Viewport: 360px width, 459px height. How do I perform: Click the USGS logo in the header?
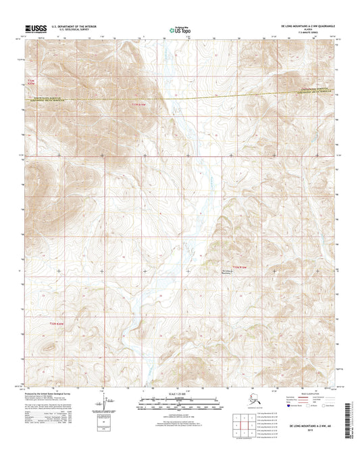point(32,28)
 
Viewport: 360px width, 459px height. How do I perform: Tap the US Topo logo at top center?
point(179,30)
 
